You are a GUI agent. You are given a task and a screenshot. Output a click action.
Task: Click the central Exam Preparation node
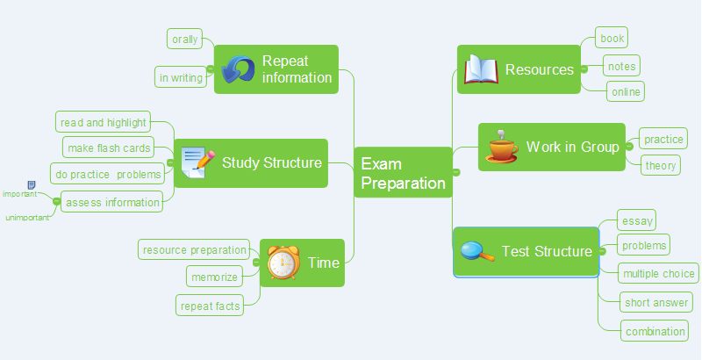403,173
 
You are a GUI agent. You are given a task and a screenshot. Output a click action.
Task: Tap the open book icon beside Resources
481,69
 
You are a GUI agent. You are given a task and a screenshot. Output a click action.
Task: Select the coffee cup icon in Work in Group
502,147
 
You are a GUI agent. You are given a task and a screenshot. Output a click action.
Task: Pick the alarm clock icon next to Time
283,263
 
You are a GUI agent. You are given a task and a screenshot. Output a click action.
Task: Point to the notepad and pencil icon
197,162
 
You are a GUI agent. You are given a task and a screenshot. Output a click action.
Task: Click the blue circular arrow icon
237,69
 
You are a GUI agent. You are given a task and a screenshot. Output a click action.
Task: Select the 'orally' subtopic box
184,39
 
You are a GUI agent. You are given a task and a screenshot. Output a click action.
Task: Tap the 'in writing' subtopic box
181,77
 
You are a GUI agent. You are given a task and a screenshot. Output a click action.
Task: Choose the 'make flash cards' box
109,147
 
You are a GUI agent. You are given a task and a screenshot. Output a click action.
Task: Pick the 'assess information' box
112,203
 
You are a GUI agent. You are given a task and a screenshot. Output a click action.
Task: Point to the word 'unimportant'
27,217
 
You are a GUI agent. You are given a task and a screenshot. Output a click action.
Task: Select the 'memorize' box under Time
215,277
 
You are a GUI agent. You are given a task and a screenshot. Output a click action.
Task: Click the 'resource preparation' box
194,250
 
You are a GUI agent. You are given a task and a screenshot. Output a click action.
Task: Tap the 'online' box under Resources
626,91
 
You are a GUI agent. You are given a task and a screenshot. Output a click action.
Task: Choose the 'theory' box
661,165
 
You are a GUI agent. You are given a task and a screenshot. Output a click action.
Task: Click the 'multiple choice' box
659,274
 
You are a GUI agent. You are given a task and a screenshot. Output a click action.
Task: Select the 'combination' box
655,331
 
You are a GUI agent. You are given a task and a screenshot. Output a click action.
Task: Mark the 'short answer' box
656,303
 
